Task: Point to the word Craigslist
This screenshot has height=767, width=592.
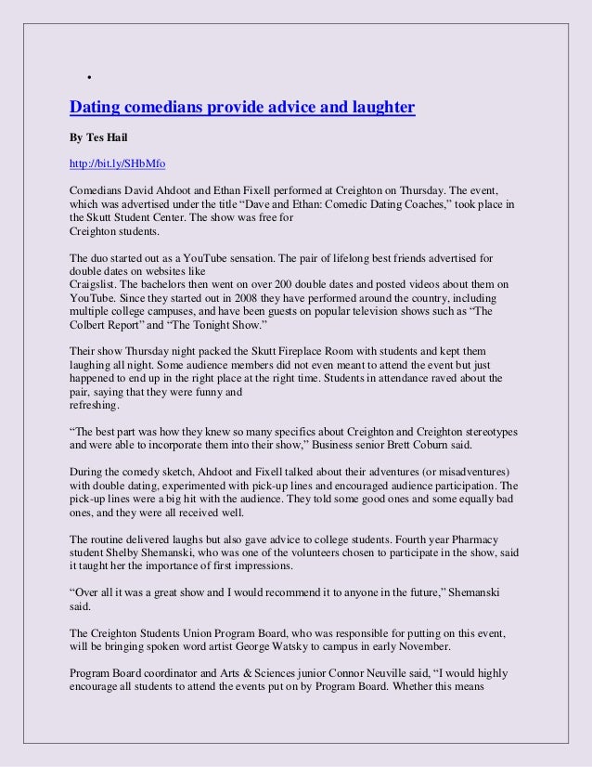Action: tap(97, 279)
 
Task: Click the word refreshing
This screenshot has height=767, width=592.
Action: tap(97, 405)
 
